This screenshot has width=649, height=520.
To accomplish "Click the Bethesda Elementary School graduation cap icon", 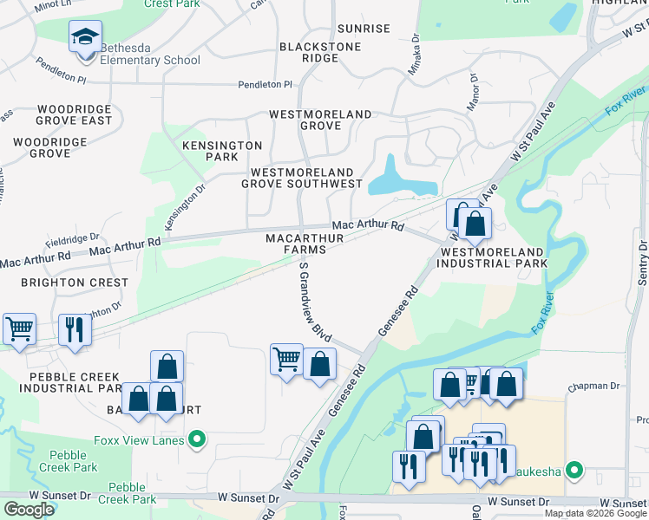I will [85, 37].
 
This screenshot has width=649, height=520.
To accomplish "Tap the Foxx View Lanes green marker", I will [196, 439].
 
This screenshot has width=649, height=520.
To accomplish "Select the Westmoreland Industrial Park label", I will [493, 257].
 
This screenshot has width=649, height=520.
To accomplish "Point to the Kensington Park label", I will [222, 152].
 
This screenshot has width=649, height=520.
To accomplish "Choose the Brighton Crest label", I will [74, 283].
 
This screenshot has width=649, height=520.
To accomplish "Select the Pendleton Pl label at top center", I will [265, 85].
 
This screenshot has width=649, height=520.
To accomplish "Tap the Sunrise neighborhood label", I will [364, 29].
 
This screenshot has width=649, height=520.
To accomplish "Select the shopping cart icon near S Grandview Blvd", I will [286, 359].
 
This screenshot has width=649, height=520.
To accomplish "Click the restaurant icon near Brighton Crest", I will [75, 330].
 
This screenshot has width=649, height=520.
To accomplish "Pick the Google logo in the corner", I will [29, 510].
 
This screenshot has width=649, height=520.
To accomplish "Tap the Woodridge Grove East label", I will [62, 114].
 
